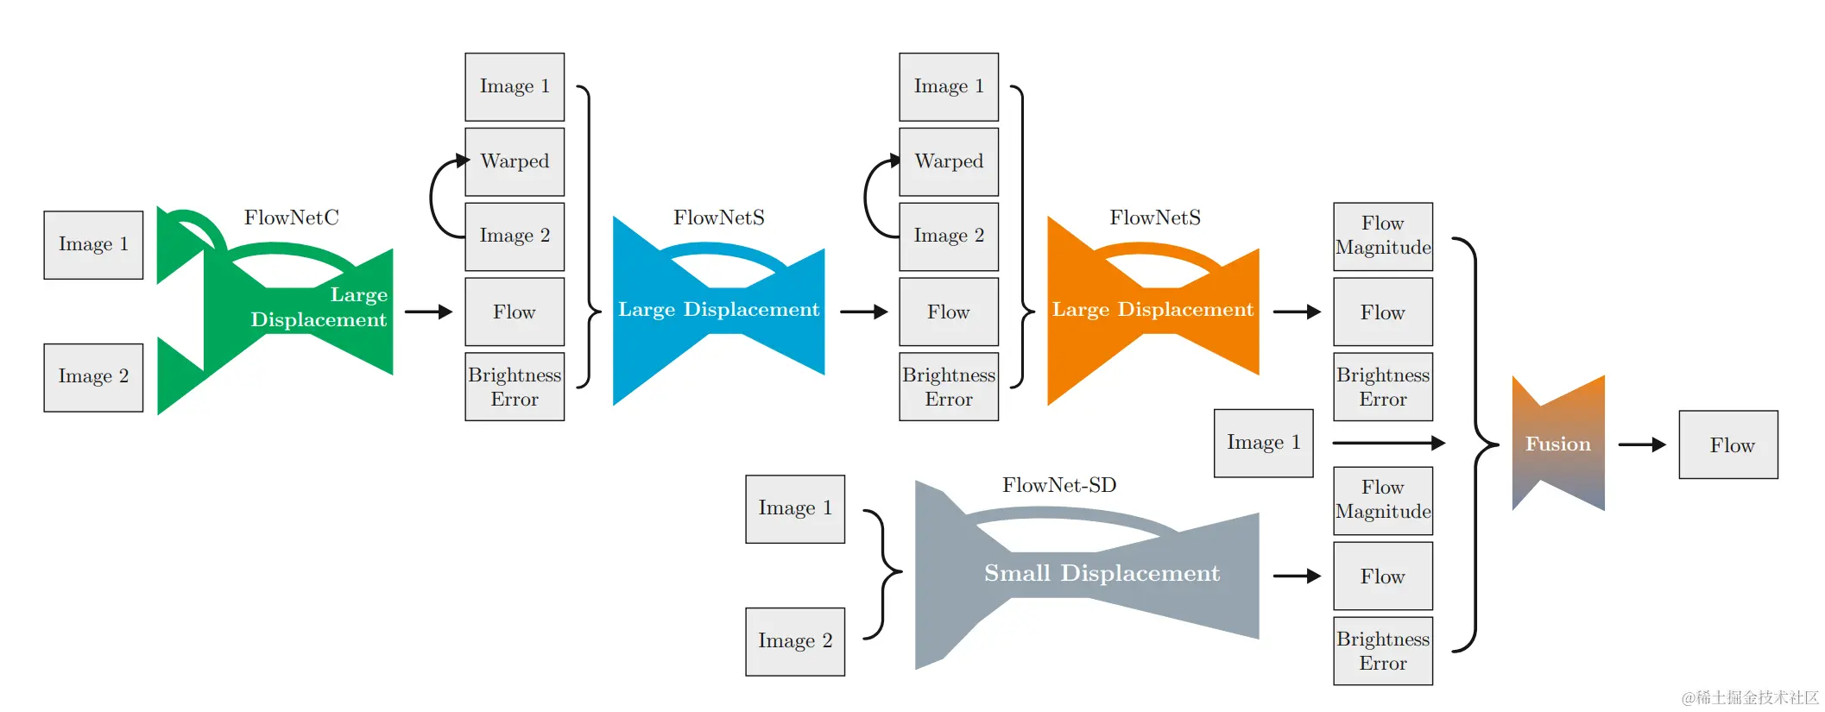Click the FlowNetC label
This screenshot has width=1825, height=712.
click(x=291, y=217)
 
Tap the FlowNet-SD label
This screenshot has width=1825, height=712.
click(x=1059, y=485)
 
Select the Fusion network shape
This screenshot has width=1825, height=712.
click(x=1558, y=444)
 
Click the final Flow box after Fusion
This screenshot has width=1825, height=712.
click(x=1728, y=444)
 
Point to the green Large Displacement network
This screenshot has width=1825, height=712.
click(x=285, y=311)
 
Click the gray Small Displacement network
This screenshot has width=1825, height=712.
click(x=1088, y=574)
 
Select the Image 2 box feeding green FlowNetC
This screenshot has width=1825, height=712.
click(x=93, y=377)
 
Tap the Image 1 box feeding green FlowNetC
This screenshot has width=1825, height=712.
click(x=93, y=245)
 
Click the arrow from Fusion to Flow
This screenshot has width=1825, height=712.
click(x=1642, y=444)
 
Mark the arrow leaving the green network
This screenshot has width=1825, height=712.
click(x=428, y=312)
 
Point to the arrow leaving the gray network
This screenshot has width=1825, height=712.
click(x=1297, y=576)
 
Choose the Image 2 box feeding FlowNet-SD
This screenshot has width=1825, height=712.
click(x=795, y=641)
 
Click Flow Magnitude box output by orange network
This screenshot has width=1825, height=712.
click(x=1383, y=236)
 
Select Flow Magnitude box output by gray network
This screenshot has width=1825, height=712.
click(x=1383, y=501)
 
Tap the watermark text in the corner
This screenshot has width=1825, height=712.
click(x=1750, y=697)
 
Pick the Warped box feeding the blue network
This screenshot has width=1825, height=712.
click(x=515, y=161)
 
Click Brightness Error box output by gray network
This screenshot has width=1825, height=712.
click(x=1383, y=651)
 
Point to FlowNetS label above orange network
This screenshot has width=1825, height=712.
click(x=1155, y=217)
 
